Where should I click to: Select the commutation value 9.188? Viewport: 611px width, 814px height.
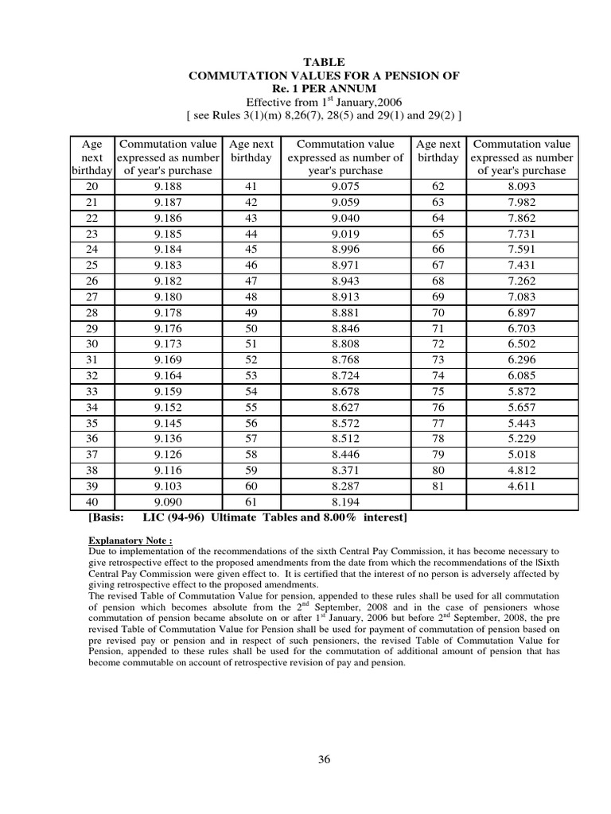click(167, 186)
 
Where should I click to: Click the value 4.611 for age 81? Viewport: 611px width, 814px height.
click(521, 486)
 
